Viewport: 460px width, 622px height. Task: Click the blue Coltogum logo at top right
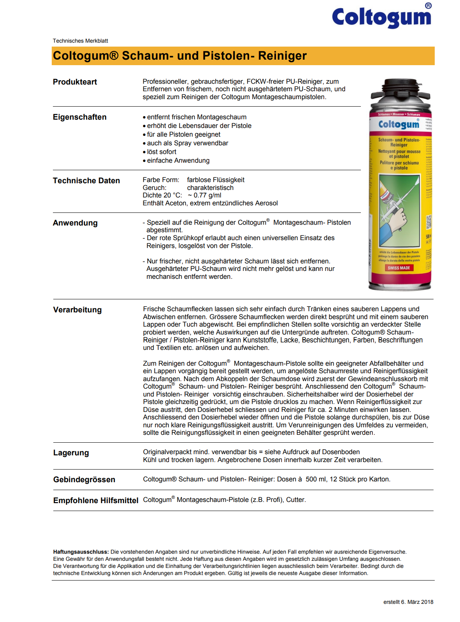pos(381,17)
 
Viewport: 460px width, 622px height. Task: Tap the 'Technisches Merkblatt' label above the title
pos(81,41)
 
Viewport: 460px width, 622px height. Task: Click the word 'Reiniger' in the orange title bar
pos(282,56)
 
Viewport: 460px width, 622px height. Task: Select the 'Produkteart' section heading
pos(75,82)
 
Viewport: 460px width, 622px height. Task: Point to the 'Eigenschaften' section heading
pos(80,117)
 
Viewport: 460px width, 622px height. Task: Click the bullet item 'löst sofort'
pos(161,152)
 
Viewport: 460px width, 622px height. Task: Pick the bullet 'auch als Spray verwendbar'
pos(188,143)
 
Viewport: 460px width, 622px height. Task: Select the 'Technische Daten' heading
pos(86,180)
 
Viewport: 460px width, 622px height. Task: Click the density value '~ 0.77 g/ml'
pos(205,195)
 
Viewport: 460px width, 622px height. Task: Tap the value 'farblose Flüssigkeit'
pos(216,180)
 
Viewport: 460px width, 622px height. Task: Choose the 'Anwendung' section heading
pos(75,223)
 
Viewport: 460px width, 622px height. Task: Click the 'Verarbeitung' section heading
pos(77,310)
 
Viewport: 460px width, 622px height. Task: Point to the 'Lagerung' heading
pos(71,453)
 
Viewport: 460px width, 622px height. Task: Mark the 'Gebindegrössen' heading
pos(84,479)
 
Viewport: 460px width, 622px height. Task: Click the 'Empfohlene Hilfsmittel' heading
pos(96,500)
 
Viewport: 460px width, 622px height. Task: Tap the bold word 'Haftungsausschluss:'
pos(81,552)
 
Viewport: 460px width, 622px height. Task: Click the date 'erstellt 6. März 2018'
pos(408,602)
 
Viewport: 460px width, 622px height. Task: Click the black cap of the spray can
pos(400,89)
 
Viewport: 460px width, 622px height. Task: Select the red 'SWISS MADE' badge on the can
pos(399,268)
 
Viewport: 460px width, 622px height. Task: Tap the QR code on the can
pos(429,222)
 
